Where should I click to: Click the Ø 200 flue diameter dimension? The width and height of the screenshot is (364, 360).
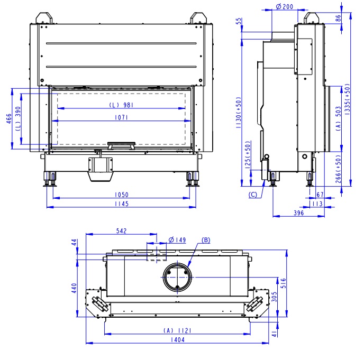tap(285, 7)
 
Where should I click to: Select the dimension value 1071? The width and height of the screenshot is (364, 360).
tap(121, 117)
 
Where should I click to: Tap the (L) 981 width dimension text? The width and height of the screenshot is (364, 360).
tap(121, 105)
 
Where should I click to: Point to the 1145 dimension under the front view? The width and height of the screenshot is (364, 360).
tap(122, 204)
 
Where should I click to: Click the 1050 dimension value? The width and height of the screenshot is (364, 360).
tap(122, 195)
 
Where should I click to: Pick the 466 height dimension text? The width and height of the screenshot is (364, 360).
tap(9, 118)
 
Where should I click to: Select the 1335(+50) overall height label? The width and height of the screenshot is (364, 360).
tap(347, 99)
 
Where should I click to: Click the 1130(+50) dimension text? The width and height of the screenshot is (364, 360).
tap(239, 113)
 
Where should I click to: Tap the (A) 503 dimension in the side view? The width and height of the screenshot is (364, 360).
tap(339, 118)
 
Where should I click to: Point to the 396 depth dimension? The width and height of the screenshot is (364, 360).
tap(298, 213)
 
